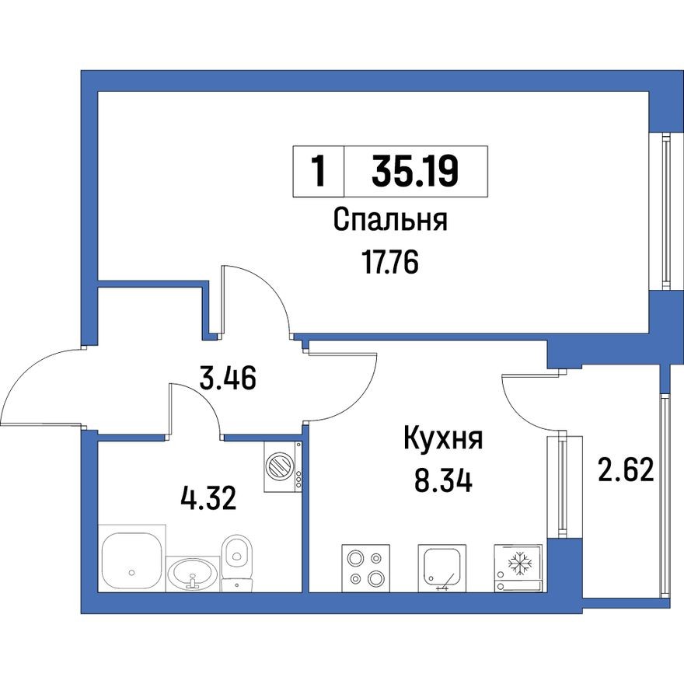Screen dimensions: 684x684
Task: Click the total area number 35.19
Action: tap(415, 170)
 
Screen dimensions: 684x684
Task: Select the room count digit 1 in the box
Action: tap(317, 170)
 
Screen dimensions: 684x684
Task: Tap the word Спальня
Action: tap(390, 221)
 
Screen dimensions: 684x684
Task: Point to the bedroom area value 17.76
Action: tap(390, 264)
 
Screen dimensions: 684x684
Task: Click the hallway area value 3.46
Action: tap(229, 380)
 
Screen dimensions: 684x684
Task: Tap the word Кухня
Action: tap(443, 439)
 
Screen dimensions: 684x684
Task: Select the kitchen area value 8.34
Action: tap(443, 480)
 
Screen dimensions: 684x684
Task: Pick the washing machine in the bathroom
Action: tap(281, 467)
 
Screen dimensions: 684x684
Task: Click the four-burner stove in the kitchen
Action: tap(365, 567)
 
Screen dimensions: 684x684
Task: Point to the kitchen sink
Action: tap(442, 567)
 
